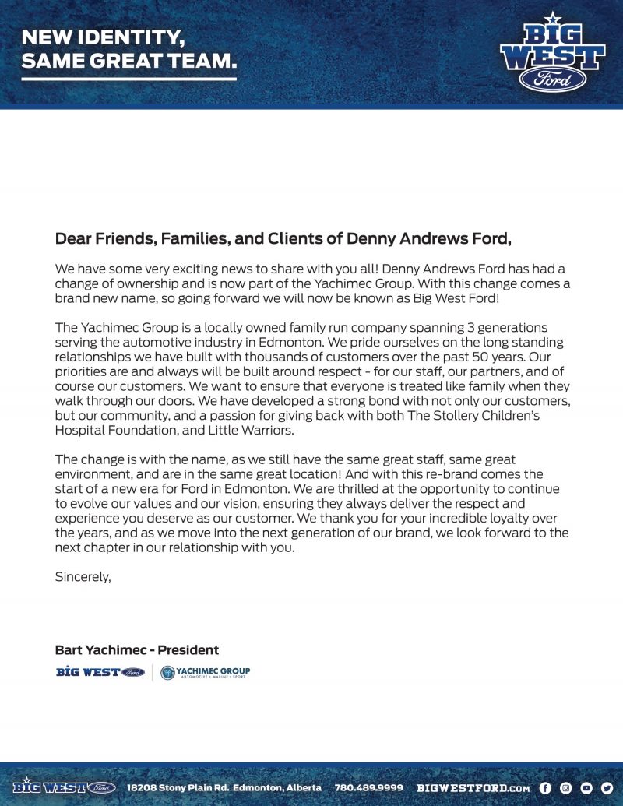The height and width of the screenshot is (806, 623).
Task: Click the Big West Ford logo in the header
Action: click(x=552, y=55)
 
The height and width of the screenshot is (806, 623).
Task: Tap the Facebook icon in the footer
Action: click(x=545, y=787)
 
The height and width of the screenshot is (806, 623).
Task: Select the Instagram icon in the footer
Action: click(x=566, y=787)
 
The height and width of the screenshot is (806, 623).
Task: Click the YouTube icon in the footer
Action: click(x=586, y=787)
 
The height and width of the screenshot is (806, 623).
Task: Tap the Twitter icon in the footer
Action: click(x=607, y=787)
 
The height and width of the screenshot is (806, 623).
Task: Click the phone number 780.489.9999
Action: click(x=369, y=787)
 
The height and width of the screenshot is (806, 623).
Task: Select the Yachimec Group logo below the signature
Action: click(x=206, y=672)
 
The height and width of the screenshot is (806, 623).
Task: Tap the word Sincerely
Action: click(x=83, y=577)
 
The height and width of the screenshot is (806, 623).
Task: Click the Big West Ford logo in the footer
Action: click(x=64, y=787)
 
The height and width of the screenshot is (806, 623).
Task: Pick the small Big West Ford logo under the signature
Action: click(x=100, y=672)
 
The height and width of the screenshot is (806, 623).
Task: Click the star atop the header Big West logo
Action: click(x=552, y=17)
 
